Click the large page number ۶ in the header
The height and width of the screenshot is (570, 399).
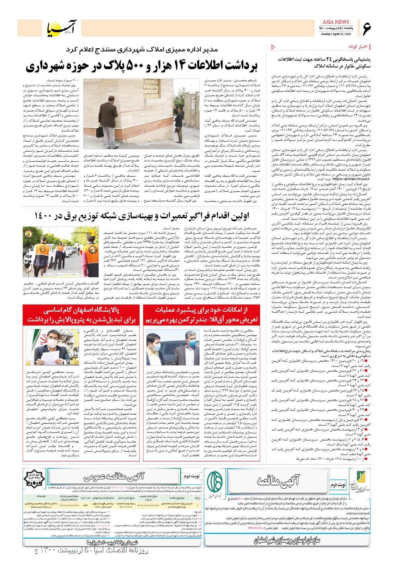[x=367, y=28]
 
